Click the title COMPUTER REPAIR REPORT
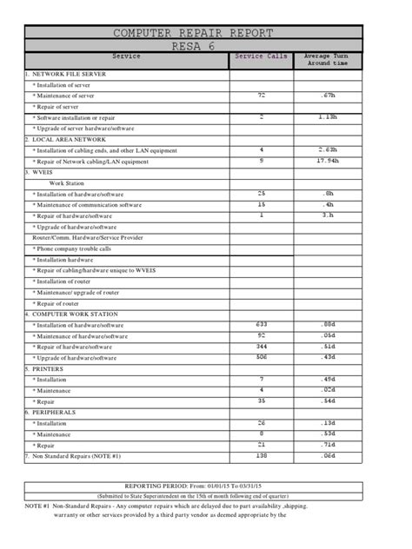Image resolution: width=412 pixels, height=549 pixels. click(206, 33)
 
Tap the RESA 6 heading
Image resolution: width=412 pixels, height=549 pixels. click(206, 46)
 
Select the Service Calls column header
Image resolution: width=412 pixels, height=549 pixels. click(261, 56)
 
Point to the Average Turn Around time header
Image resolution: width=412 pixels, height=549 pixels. click(326, 60)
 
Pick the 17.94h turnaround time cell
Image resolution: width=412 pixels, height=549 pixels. click(327, 160)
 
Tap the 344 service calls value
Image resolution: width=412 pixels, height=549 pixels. click(261, 346)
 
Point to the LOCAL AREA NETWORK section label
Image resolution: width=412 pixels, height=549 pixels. click(66, 139)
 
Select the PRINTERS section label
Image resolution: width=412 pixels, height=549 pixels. click(49, 368)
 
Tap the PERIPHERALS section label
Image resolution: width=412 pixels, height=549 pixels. click(54, 412)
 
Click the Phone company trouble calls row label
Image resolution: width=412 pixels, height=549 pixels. click(73, 248)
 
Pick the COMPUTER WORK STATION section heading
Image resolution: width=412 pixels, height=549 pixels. click(73, 314)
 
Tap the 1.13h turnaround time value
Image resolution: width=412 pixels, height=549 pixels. click(327, 116)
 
